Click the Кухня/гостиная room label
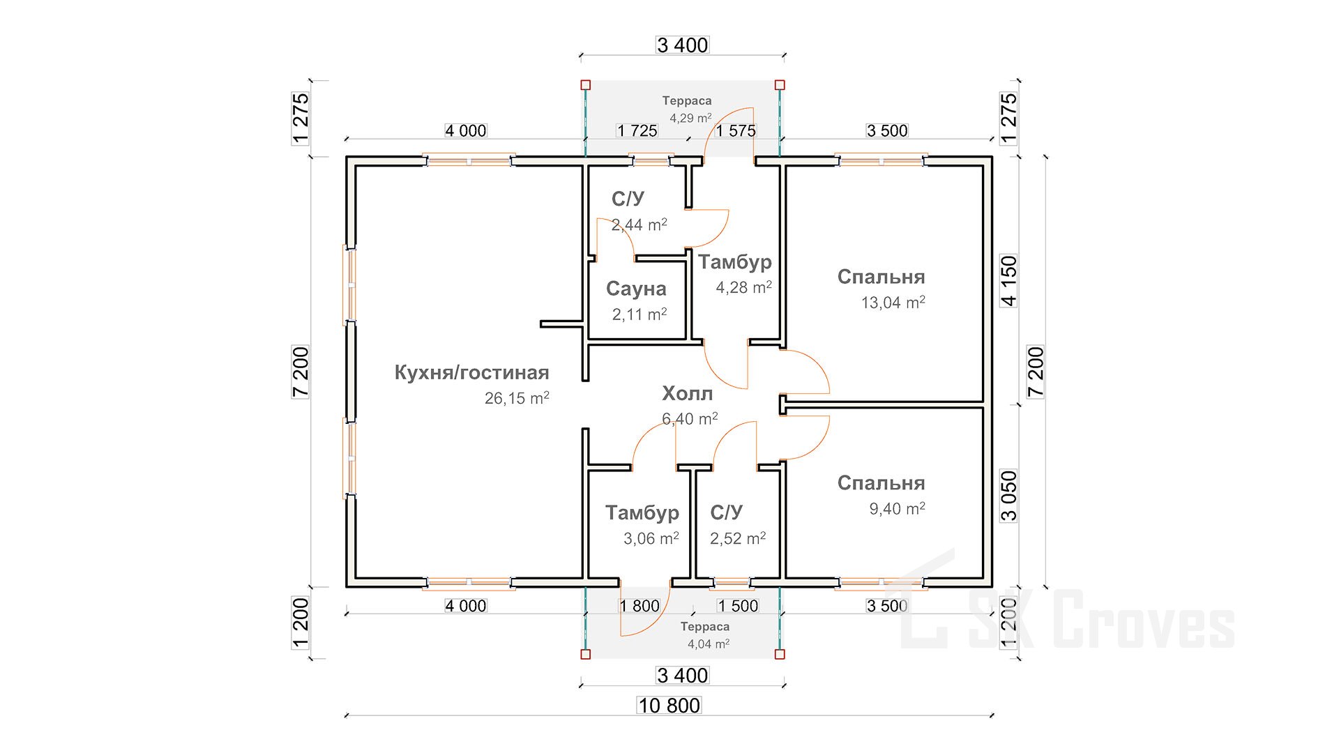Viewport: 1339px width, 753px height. [x=471, y=373]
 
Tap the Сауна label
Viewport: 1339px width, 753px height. [x=636, y=289]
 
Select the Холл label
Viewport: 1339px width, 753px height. [x=687, y=394]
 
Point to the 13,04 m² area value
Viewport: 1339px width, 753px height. [x=893, y=303]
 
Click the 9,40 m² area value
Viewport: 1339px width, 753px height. [x=897, y=509]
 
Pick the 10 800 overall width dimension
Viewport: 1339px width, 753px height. [x=669, y=706]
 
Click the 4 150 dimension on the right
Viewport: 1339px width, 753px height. [x=1009, y=281]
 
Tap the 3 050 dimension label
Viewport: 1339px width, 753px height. [x=1009, y=496]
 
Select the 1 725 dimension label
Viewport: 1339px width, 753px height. [x=637, y=130]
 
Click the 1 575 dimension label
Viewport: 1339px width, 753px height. [x=736, y=130]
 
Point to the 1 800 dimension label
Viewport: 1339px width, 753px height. [x=640, y=606]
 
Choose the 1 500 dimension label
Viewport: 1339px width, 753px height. [x=738, y=606]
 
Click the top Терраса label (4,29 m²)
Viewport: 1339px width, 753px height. [x=687, y=101]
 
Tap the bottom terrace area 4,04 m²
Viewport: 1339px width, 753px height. [x=709, y=644]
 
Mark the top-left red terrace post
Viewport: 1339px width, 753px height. [x=585, y=85]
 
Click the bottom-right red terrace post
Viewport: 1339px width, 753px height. [x=780, y=654]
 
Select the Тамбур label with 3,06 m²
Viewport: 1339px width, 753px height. [x=642, y=513]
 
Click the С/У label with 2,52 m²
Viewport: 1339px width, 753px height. [x=726, y=513]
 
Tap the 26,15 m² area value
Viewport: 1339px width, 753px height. [x=517, y=399]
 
